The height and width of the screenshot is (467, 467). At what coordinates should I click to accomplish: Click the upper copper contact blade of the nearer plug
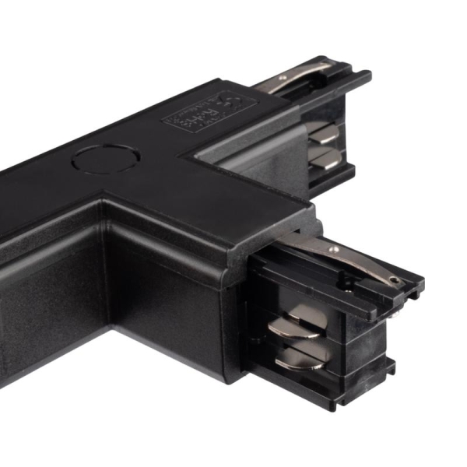[293, 321]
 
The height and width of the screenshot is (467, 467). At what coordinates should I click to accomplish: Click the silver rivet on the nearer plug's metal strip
[334, 249]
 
